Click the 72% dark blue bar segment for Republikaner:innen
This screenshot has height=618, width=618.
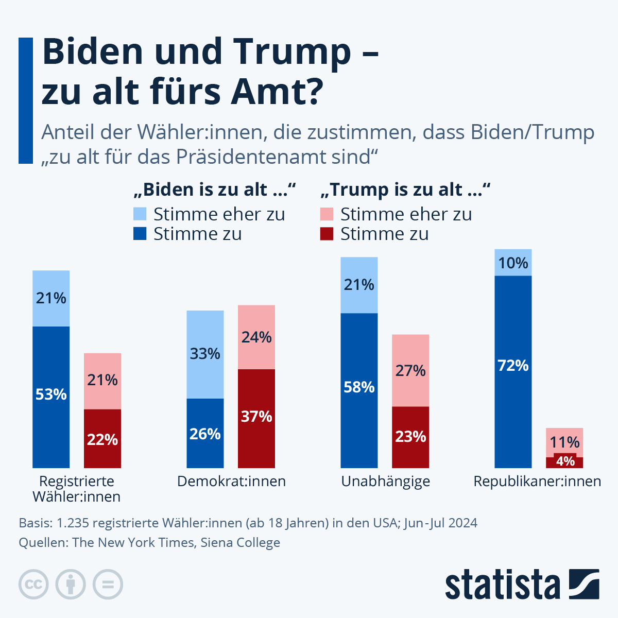tap(513, 371)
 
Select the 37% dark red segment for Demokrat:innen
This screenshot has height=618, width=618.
tap(256, 418)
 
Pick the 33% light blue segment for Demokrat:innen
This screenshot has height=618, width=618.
tap(205, 354)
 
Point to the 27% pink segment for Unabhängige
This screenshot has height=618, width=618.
tap(410, 370)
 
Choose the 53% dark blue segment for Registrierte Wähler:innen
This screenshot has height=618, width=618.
tap(51, 397)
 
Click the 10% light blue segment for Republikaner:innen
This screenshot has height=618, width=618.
tap(513, 263)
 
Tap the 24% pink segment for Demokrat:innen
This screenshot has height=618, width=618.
tap(256, 337)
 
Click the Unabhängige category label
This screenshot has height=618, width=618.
tap(386, 482)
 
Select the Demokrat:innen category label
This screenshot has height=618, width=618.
tap(231, 482)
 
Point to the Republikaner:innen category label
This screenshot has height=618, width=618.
tap(537, 482)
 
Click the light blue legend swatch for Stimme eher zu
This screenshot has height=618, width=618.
tap(140, 214)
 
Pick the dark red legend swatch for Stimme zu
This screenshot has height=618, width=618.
tap(327, 234)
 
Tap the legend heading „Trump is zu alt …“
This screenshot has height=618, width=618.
tap(405, 190)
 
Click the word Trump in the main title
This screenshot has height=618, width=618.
tap(293, 51)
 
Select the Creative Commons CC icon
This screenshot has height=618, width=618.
tap(33, 585)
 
